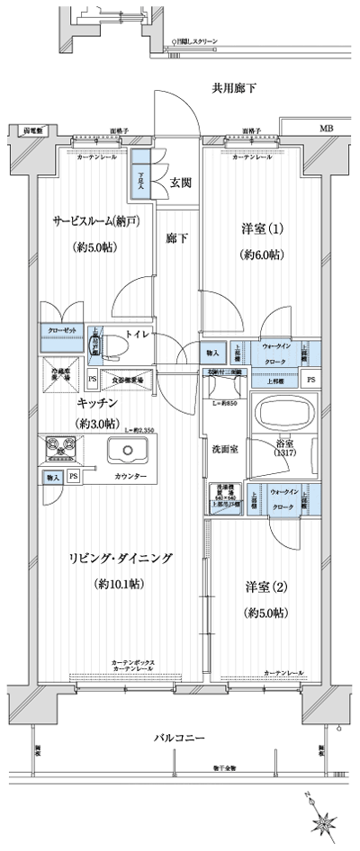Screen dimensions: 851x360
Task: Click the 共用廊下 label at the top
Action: pos(234,88)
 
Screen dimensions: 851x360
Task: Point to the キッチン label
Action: pos(94,404)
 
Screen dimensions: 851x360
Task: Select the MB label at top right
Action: pos(325,130)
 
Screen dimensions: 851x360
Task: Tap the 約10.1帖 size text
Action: pos(120,585)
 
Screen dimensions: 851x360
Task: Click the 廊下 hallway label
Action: pos(176,238)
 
